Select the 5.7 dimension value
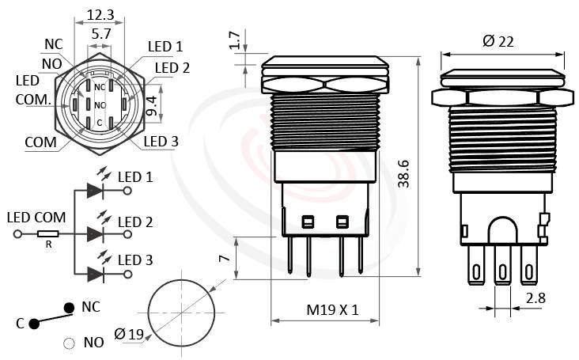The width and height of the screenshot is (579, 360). coord(100,35)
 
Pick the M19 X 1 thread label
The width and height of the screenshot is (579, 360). coord(332,310)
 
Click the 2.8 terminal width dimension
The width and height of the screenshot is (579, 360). coord(535,298)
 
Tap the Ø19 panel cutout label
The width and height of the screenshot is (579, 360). coord(129,334)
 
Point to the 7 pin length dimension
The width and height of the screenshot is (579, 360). coord(223,259)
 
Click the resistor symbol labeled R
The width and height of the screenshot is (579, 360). coord(49,234)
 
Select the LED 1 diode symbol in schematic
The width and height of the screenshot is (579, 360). coord(95,191)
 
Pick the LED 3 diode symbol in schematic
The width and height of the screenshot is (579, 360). coord(95,274)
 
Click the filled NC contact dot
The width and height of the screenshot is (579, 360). coord(70,307)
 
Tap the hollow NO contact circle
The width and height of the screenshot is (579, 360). coord(69,343)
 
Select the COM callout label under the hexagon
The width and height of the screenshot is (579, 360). coord(40,142)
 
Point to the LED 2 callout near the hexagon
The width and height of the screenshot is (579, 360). coord(172,68)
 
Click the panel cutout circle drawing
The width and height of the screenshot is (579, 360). coord(183,313)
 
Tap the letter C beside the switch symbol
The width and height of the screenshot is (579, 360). coord(21,324)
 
